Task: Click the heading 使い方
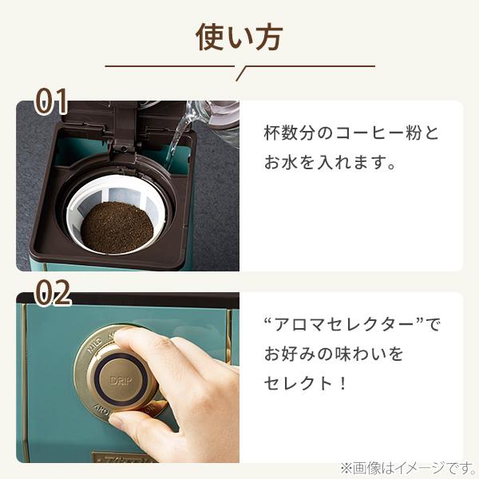click(x=239, y=38)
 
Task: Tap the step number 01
click(x=51, y=101)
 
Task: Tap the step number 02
click(x=53, y=293)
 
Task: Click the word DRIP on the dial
click(x=121, y=381)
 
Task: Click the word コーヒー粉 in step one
click(x=378, y=133)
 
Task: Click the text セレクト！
click(x=306, y=383)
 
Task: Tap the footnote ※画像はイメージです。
click(x=408, y=468)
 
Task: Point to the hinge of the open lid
click(x=124, y=146)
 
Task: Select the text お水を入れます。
click(x=330, y=162)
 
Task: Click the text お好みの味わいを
click(x=334, y=354)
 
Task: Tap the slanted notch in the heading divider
click(x=241, y=73)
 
